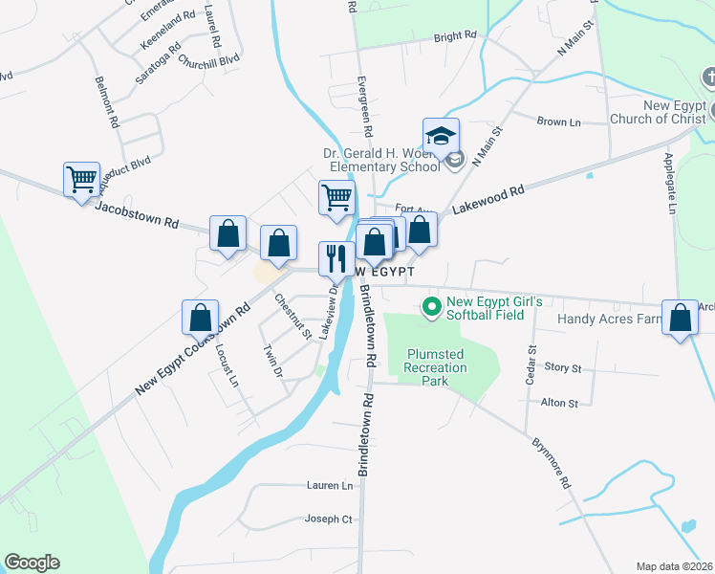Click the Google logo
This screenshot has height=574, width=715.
pyautogui.click(x=32, y=563)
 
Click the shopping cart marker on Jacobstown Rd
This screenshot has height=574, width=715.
pyautogui.click(x=81, y=179)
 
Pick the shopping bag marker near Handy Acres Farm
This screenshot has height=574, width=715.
pyautogui.click(x=680, y=319)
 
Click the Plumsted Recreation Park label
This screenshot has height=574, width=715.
pyautogui.click(x=435, y=361)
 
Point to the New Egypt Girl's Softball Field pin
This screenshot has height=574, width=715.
pyautogui.click(x=431, y=307)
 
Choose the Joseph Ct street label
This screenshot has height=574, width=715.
pyautogui.click(x=329, y=519)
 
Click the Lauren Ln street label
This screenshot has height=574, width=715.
pyautogui.click(x=330, y=485)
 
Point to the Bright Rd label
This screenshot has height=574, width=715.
pyautogui.click(x=455, y=36)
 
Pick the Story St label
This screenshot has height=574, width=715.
pyautogui.click(x=562, y=367)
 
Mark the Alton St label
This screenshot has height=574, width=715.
pyautogui.click(x=560, y=404)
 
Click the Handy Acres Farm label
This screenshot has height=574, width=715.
pyautogui.click(x=610, y=319)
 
